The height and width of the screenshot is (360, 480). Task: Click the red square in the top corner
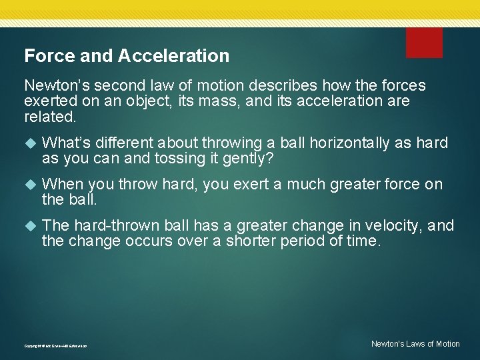coord(424,43)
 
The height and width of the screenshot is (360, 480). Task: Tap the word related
coord(50,117)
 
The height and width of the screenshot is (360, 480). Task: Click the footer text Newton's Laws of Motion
coord(415,344)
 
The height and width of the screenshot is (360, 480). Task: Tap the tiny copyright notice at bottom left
coord(55,346)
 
